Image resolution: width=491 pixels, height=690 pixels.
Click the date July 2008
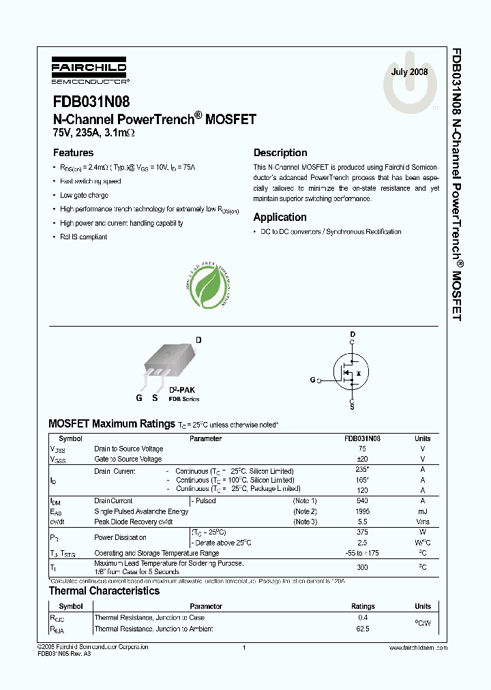click(x=409, y=72)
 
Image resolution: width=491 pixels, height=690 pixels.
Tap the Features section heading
click(x=73, y=153)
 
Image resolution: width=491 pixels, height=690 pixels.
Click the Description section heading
click(x=280, y=153)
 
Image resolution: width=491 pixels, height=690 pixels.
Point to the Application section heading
click(x=280, y=217)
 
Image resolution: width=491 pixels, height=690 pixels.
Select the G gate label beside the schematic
click(x=312, y=379)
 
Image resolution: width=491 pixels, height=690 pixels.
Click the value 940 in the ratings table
click(x=362, y=501)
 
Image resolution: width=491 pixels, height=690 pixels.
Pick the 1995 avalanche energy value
click(x=362, y=511)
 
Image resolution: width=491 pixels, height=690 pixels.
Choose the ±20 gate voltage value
click(x=362, y=460)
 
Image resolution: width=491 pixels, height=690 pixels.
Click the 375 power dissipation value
click(x=362, y=532)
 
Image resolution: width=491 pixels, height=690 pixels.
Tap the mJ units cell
click(x=422, y=511)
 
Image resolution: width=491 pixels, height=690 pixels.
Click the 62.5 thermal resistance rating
click(x=362, y=629)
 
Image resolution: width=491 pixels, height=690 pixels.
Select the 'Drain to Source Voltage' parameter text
click(x=128, y=449)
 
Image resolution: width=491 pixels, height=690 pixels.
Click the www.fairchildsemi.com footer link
click(x=417, y=646)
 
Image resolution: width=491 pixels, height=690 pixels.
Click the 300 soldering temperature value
click(x=362, y=567)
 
